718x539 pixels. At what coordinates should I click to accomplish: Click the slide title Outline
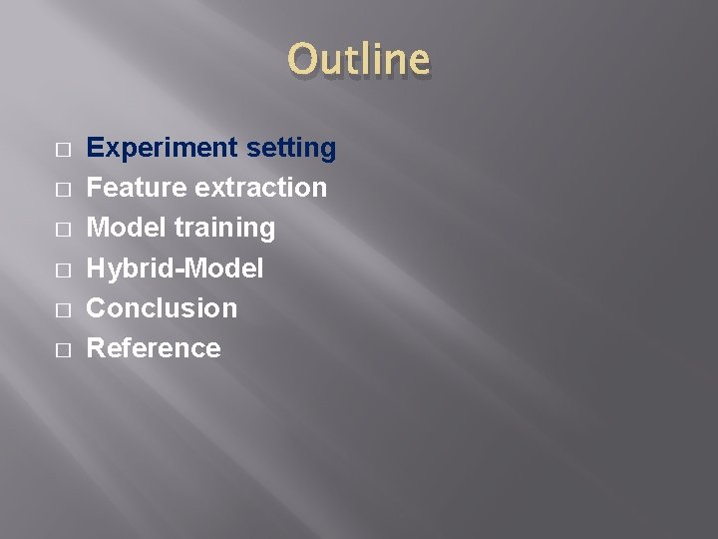tap(359, 60)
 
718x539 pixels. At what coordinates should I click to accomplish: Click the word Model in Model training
tap(127, 228)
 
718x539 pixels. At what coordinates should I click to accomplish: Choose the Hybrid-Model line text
tap(176, 269)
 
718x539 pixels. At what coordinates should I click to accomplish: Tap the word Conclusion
tap(163, 307)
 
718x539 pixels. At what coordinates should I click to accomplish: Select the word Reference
tap(154, 347)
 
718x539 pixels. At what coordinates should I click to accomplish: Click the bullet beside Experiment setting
tap(63, 150)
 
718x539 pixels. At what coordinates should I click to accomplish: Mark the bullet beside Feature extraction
tap(63, 190)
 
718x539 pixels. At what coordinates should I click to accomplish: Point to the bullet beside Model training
tap(63, 230)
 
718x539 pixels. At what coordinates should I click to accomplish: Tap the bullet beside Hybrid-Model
tap(63, 269)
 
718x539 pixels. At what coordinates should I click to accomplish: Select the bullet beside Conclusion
tap(63, 309)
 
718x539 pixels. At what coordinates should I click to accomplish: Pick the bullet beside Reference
tap(63, 349)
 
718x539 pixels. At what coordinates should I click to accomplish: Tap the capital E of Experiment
tap(96, 148)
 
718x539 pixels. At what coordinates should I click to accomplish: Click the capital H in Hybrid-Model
tap(97, 268)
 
